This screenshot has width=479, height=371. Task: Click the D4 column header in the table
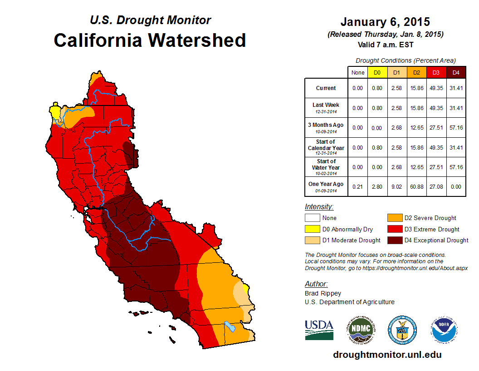[455, 72]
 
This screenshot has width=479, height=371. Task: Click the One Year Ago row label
[326, 186]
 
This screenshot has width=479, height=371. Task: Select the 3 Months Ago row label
[326, 127]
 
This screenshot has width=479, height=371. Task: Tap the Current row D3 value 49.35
[436, 88]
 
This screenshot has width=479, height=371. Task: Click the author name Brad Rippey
[323, 293]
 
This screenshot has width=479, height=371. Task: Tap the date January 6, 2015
[385, 22]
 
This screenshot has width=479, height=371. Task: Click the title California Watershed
[150, 40]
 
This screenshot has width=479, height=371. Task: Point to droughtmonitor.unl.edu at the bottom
[387, 355]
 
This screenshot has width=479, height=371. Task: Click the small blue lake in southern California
[230, 326]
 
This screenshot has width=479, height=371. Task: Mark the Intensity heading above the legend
[319, 207]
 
